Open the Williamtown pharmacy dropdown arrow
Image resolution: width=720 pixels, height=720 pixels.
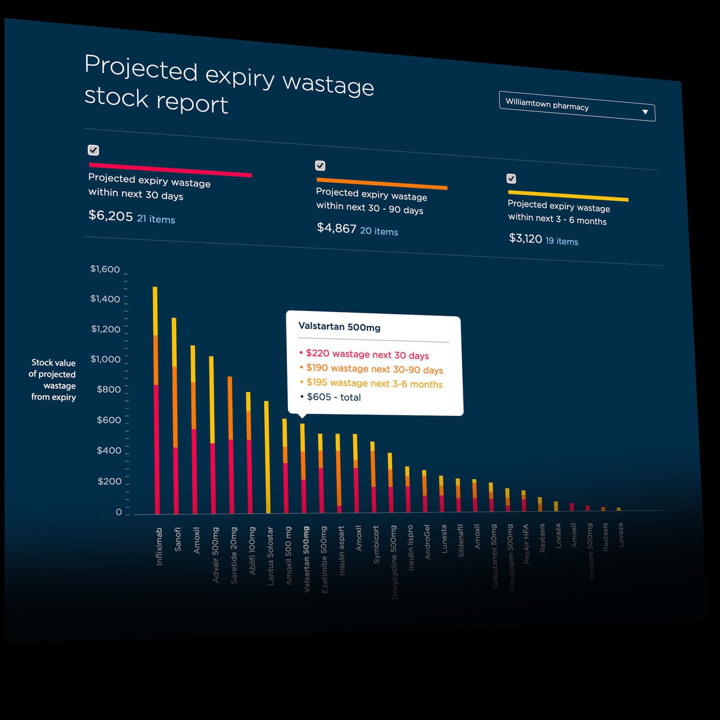(x=645, y=112)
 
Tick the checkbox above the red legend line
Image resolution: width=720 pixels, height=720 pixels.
(x=94, y=150)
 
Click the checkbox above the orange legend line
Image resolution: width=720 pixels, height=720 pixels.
(x=320, y=166)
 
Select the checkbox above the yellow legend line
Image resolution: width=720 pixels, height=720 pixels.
(x=511, y=179)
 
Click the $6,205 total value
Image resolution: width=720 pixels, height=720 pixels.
(x=110, y=216)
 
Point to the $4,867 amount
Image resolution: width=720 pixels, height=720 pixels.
(x=336, y=228)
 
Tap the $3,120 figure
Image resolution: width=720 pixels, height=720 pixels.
(x=525, y=238)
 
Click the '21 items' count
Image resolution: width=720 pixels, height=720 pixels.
(x=156, y=219)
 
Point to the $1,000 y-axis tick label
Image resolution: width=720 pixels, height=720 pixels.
(x=106, y=359)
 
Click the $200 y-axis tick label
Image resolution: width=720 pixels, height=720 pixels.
(x=109, y=481)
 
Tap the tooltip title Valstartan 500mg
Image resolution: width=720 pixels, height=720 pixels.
(x=339, y=327)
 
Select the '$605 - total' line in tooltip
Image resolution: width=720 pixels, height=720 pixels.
(x=334, y=397)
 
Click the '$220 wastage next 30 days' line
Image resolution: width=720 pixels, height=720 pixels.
(x=367, y=355)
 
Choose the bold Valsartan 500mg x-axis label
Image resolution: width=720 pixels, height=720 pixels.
(x=307, y=559)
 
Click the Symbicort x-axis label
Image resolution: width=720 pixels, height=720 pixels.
(x=376, y=544)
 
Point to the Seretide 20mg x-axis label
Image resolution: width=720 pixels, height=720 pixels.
(x=234, y=555)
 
